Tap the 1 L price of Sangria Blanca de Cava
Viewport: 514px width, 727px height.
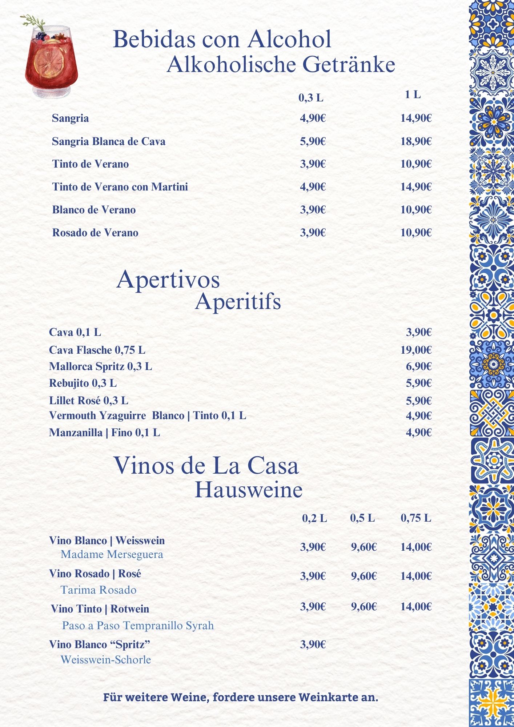point(416,141)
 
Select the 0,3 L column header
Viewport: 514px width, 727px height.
point(311,98)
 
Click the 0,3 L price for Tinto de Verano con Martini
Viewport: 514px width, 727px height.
point(313,187)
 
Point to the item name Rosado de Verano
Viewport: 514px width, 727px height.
point(95,233)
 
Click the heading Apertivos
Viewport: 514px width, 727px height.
point(168,280)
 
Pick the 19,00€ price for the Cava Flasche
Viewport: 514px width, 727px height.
point(416,350)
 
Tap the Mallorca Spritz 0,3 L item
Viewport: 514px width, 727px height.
point(100,366)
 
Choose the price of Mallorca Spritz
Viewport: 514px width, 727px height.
point(418,366)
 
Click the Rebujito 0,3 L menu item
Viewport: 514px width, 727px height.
point(83,383)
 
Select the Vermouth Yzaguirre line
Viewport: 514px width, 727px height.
point(147,415)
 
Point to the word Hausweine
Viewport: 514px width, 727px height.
point(249,490)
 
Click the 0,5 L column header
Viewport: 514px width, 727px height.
point(362,518)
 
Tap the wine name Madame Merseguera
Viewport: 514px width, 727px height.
point(112,555)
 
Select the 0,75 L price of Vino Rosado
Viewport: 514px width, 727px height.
point(416,576)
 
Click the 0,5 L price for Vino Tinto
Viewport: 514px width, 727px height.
point(364,607)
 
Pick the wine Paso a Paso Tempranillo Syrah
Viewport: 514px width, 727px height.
point(138,626)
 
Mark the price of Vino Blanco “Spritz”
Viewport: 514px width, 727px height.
point(313,644)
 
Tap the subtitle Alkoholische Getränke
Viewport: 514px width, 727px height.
point(281,65)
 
